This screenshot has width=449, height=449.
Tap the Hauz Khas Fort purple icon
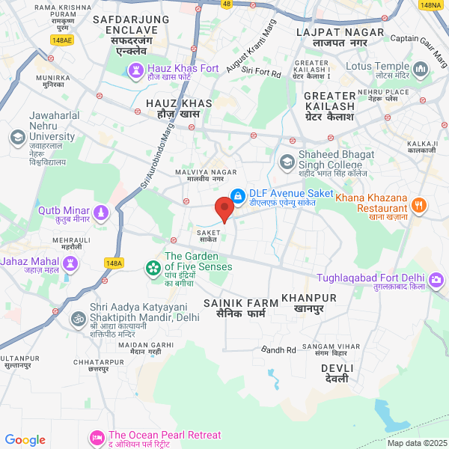tap(137, 69)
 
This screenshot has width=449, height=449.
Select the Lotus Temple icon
tap(420, 69)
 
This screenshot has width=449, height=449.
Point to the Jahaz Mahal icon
tap(71, 263)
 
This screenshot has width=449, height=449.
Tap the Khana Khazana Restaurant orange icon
tap(419, 204)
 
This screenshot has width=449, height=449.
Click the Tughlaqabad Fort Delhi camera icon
tap(436, 280)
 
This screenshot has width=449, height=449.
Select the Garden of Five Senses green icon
tap(153, 267)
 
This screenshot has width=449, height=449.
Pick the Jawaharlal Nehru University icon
tap(17, 137)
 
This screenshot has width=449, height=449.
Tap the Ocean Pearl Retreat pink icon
tap(97, 437)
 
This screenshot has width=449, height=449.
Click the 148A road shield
tap(114, 263)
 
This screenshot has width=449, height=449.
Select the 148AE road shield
tap(63, 40)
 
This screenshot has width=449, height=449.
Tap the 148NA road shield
tap(430, 5)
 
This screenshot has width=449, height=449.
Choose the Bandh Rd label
tap(279, 349)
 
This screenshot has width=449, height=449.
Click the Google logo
tap(25, 440)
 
